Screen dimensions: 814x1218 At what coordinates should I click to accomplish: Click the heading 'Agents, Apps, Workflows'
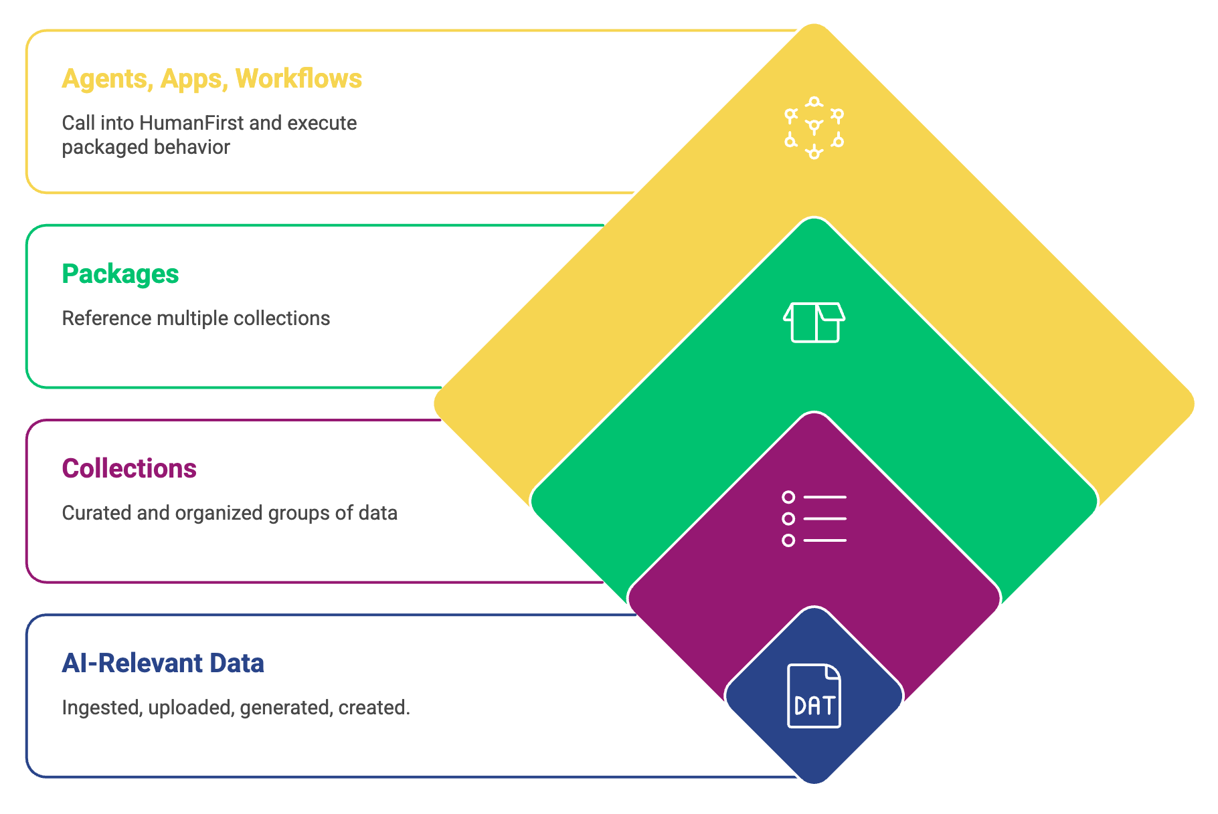211,79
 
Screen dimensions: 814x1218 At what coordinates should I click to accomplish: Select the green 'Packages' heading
120,274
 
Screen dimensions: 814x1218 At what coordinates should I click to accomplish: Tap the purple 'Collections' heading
129,469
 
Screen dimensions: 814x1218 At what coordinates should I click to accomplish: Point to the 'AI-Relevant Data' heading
163,664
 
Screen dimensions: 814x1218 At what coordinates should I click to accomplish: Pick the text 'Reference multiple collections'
195,318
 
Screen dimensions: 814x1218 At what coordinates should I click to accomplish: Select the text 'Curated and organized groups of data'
230,513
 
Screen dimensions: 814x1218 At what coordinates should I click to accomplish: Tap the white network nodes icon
814,128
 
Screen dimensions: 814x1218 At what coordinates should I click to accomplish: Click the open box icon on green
814,322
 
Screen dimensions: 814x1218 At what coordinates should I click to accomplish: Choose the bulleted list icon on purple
814,518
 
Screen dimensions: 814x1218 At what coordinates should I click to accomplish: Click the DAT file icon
814,696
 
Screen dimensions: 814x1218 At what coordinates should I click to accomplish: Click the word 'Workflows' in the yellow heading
298,79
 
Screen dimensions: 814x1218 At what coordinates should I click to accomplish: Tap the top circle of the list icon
788,497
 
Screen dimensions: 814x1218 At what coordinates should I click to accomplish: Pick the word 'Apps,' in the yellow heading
191,79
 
